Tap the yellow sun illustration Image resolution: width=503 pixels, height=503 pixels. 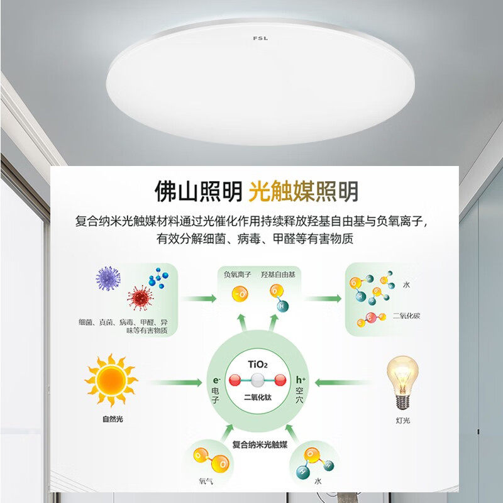pos(111,380)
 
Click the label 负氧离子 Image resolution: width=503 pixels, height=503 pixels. pos(238,275)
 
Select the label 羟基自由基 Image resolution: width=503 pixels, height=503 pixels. pos(278,275)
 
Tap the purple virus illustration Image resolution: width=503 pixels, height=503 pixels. pos(109,279)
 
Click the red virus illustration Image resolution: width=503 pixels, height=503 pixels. pos(140,297)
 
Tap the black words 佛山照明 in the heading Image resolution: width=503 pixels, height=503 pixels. pos(198,191)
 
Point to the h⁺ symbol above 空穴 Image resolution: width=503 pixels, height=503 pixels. pos(300,380)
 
